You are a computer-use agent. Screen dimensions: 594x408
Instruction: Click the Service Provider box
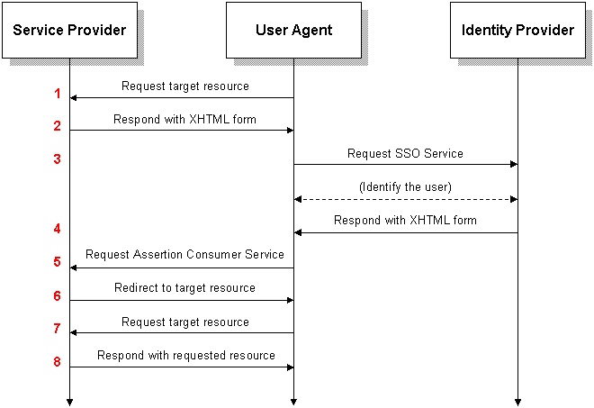click(x=69, y=31)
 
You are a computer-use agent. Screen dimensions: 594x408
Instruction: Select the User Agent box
click(x=293, y=31)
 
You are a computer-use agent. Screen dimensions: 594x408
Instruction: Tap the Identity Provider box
click(x=517, y=31)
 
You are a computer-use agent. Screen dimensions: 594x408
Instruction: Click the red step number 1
click(x=58, y=94)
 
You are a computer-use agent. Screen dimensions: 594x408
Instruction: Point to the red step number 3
click(x=58, y=159)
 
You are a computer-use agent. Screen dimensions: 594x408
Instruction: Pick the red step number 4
click(x=58, y=229)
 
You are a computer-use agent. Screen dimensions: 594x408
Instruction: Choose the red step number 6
click(x=58, y=295)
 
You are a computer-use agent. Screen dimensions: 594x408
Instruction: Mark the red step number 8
click(x=58, y=362)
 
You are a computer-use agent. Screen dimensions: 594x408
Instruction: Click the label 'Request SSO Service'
click(x=405, y=154)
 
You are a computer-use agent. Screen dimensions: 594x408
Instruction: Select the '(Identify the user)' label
click(x=405, y=187)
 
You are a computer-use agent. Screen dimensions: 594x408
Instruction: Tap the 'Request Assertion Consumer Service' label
click(x=184, y=254)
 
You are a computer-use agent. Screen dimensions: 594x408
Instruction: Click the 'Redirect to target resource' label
click(x=184, y=288)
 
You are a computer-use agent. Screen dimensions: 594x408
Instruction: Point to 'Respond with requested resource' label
click(x=186, y=356)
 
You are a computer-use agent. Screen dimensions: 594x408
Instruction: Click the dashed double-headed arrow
click(x=406, y=199)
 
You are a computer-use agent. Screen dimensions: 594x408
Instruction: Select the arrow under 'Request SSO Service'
click(x=406, y=164)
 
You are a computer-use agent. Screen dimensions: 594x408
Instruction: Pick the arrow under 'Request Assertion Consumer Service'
click(x=182, y=268)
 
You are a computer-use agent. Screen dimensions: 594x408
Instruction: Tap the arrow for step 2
click(x=182, y=131)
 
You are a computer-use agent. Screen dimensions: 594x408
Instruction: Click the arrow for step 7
click(x=182, y=333)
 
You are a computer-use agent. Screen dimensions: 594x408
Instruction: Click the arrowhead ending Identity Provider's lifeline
click(x=517, y=403)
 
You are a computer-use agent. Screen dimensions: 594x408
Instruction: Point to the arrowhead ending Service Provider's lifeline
click(x=69, y=403)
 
